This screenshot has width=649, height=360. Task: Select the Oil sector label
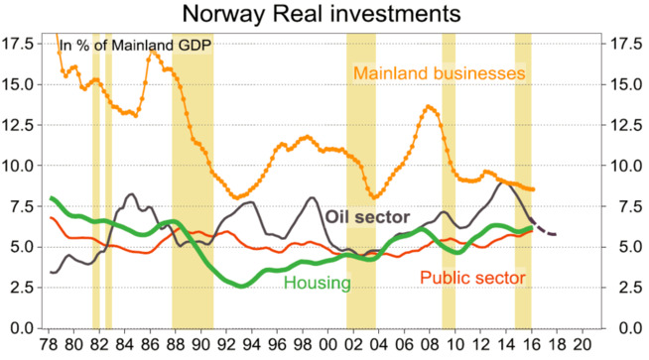click(x=369, y=217)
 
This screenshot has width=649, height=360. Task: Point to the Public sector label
click(x=471, y=278)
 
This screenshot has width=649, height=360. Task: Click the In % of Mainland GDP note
click(x=139, y=45)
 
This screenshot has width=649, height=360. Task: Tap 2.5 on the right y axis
click(x=629, y=287)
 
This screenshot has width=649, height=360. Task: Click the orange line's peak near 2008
click(x=429, y=106)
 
